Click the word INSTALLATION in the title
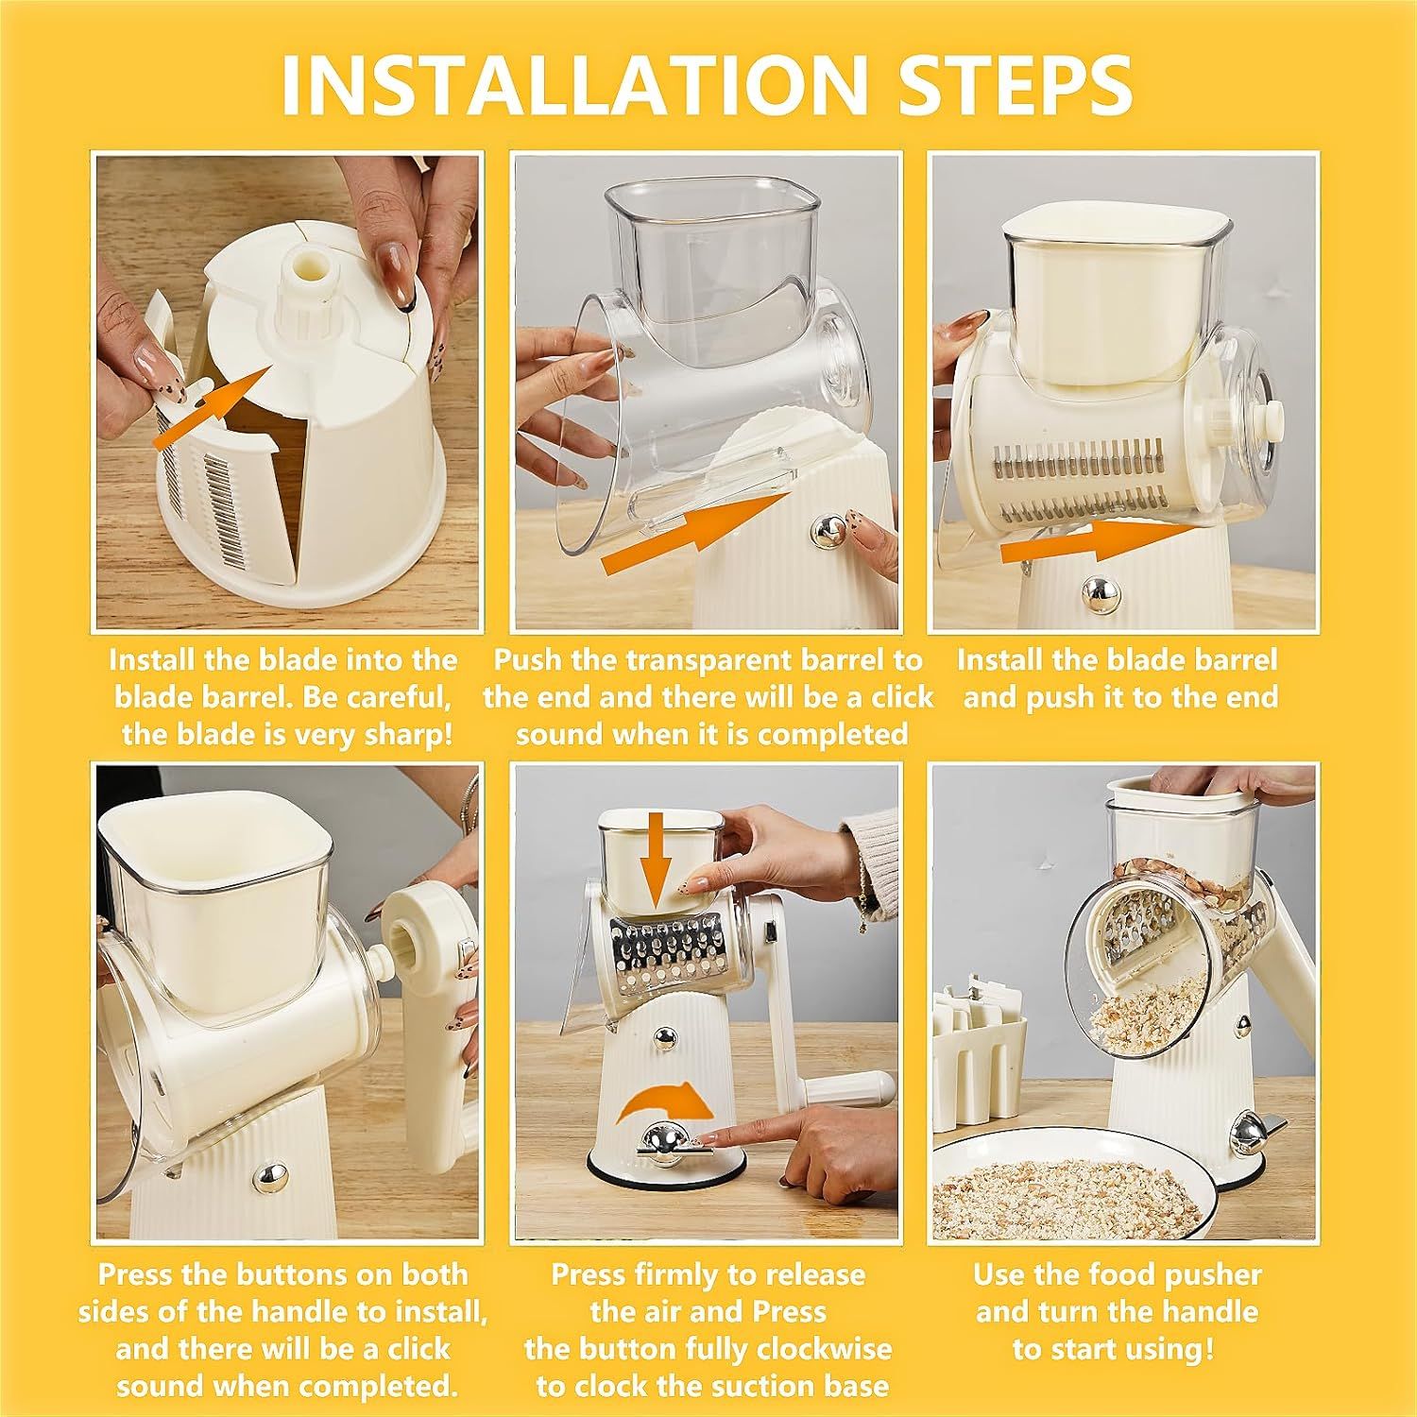[x=572, y=85]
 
